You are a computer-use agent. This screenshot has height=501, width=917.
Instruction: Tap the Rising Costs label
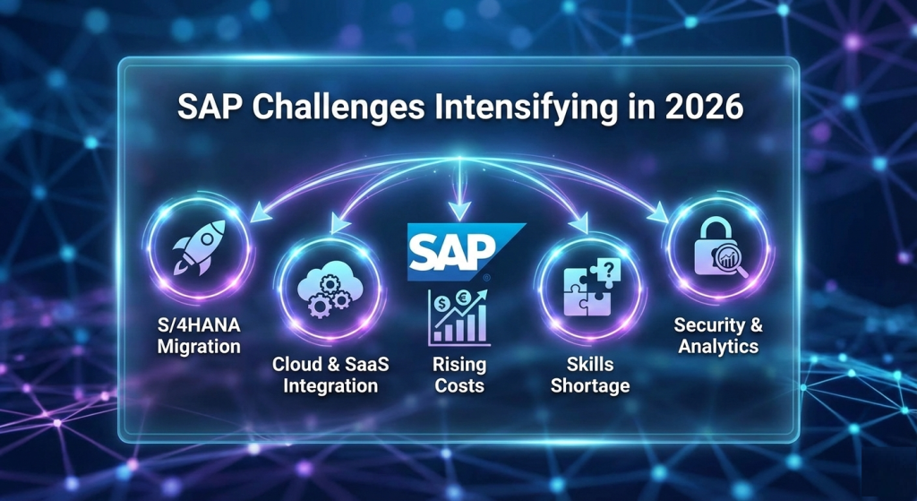[x=459, y=376]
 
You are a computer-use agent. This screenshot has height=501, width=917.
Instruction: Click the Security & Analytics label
[x=718, y=335]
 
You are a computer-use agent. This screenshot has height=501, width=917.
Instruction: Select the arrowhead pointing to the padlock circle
[x=659, y=214]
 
